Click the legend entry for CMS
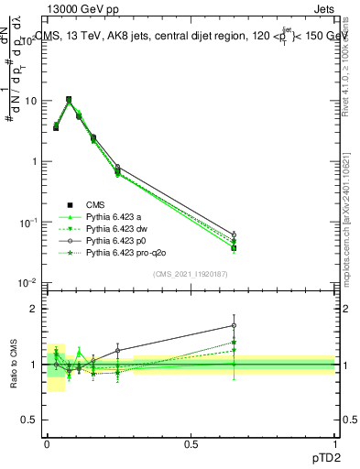97,204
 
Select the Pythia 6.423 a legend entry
115,216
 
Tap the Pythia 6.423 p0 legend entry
117,240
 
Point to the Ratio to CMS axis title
16,365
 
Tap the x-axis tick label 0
47,443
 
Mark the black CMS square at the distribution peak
69,100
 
